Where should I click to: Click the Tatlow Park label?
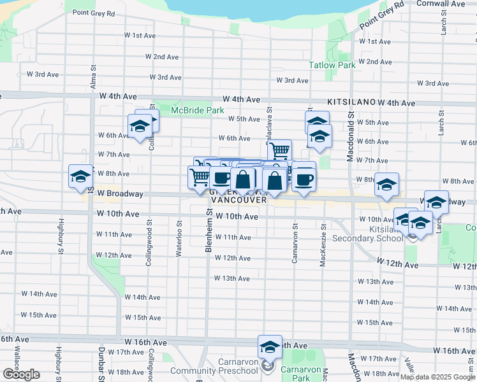pyautogui.click(x=332, y=65)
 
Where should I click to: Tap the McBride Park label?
pyautogui.click(x=197, y=110)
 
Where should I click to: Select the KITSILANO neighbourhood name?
pyautogui.click(x=351, y=102)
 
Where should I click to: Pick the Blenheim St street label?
pyautogui.click(x=209, y=229)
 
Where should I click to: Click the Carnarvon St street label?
pyautogui.click(x=295, y=243)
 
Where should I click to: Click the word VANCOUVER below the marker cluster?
pyautogui.click(x=238, y=200)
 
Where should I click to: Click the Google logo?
pyautogui.click(x=20, y=374)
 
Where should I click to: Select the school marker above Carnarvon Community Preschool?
pyautogui.click(x=270, y=347)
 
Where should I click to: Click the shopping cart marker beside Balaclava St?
pyautogui.click(x=279, y=151)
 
